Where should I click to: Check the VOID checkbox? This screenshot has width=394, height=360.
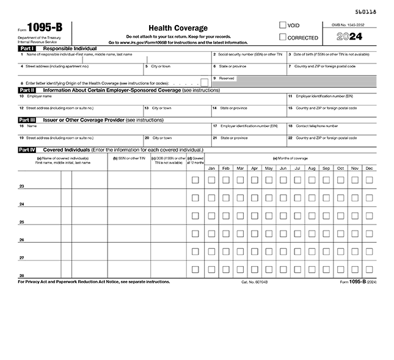[x=283, y=26]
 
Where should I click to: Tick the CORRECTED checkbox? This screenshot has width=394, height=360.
[x=283, y=37]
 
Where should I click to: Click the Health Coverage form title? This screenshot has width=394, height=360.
[x=178, y=28]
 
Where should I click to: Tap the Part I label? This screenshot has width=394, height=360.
[x=26, y=48]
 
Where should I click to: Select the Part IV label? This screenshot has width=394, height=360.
[x=27, y=149]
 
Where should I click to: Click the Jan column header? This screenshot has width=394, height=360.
[x=211, y=168]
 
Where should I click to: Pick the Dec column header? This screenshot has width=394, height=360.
[x=369, y=168]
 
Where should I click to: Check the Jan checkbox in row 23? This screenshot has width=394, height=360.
[x=211, y=180]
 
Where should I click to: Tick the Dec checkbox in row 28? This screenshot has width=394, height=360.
[x=369, y=269]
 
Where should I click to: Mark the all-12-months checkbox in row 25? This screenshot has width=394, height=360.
[x=195, y=215]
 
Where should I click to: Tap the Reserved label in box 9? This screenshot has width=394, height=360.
[x=227, y=78]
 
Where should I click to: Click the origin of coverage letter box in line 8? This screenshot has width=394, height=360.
[x=205, y=82]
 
